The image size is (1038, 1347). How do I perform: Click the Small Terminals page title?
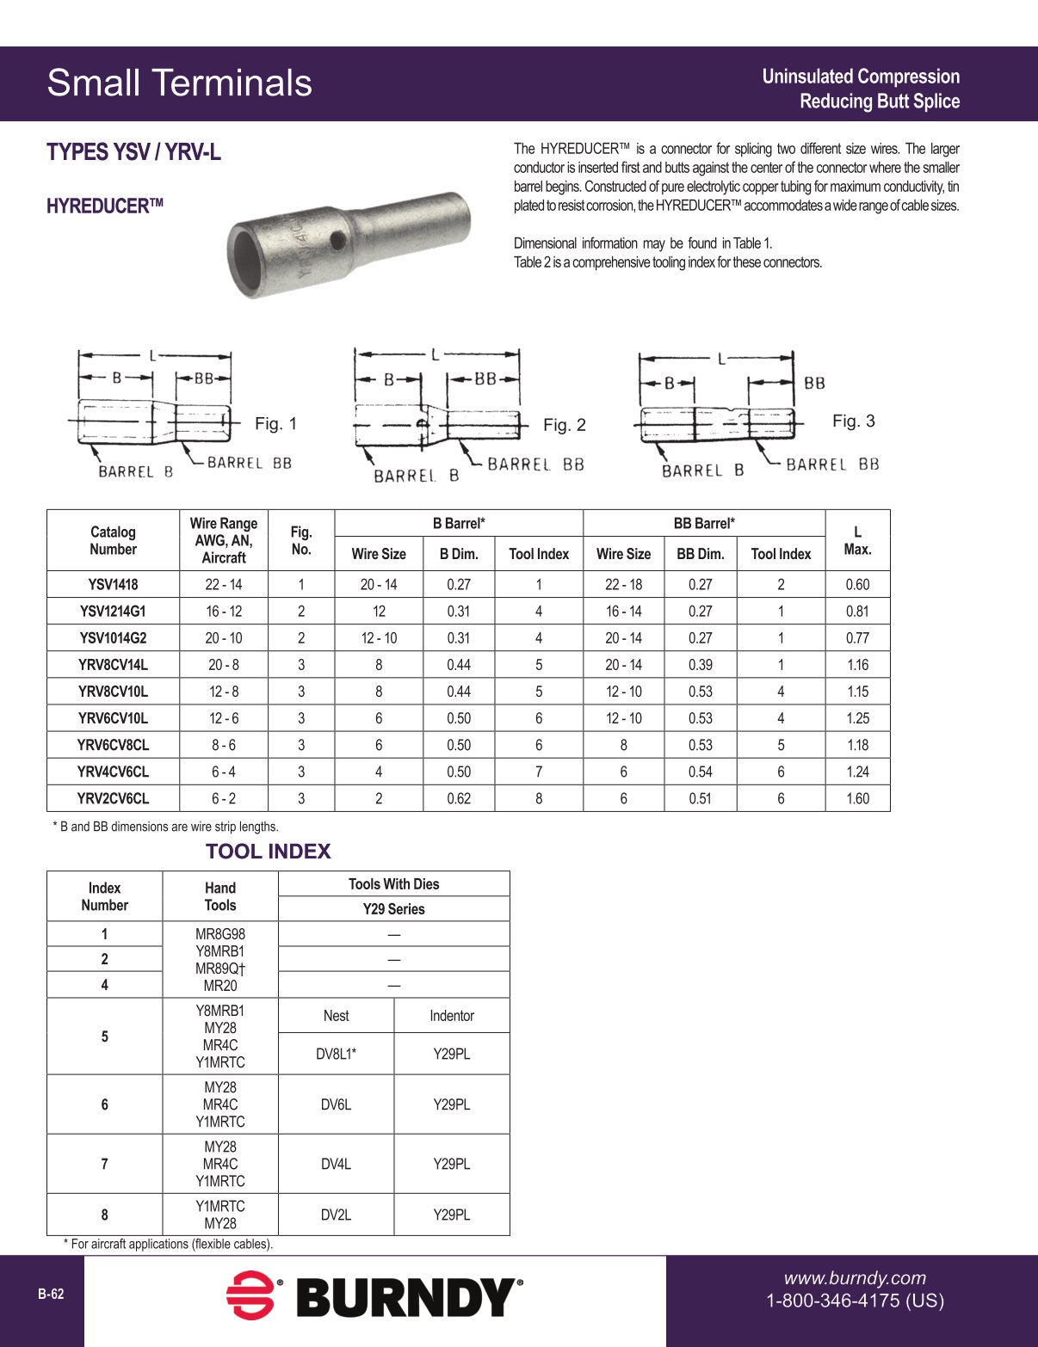tap(179, 83)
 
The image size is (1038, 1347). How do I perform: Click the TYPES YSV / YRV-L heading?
tap(133, 152)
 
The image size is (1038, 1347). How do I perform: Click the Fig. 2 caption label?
tap(564, 425)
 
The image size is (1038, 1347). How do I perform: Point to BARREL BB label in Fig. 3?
tap(831, 464)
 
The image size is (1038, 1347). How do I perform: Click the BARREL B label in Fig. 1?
tap(135, 471)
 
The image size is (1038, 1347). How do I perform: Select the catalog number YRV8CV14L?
tap(113, 665)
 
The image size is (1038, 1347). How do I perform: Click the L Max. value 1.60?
tap(857, 798)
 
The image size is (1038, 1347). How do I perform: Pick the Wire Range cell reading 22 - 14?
tap(224, 585)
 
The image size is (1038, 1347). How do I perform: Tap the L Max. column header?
tap(857, 540)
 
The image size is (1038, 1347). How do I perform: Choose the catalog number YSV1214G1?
tap(113, 612)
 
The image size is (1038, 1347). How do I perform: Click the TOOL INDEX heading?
tap(268, 852)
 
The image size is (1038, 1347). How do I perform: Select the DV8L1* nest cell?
tap(336, 1054)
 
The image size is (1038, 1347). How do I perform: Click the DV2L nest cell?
tap(336, 1215)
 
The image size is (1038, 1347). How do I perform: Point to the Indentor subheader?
tap(452, 1016)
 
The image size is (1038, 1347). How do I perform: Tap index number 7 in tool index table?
tap(105, 1164)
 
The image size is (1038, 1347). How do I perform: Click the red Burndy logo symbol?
tap(250, 1295)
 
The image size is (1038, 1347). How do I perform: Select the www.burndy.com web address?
tap(854, 1278)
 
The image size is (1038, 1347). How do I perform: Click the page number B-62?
tap(51, 1295)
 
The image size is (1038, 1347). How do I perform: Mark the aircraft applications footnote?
tap(168, 1244)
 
